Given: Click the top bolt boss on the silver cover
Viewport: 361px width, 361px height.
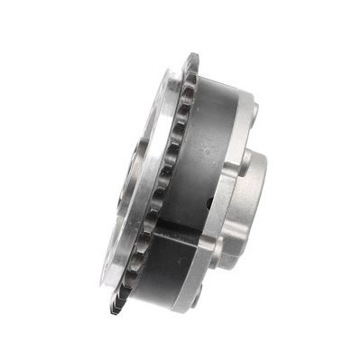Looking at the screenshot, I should [x=254, y=112].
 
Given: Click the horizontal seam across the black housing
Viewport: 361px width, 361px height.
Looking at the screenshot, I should [x=180, y=227].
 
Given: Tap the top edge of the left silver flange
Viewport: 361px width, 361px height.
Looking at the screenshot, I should [x=171, y=76].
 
